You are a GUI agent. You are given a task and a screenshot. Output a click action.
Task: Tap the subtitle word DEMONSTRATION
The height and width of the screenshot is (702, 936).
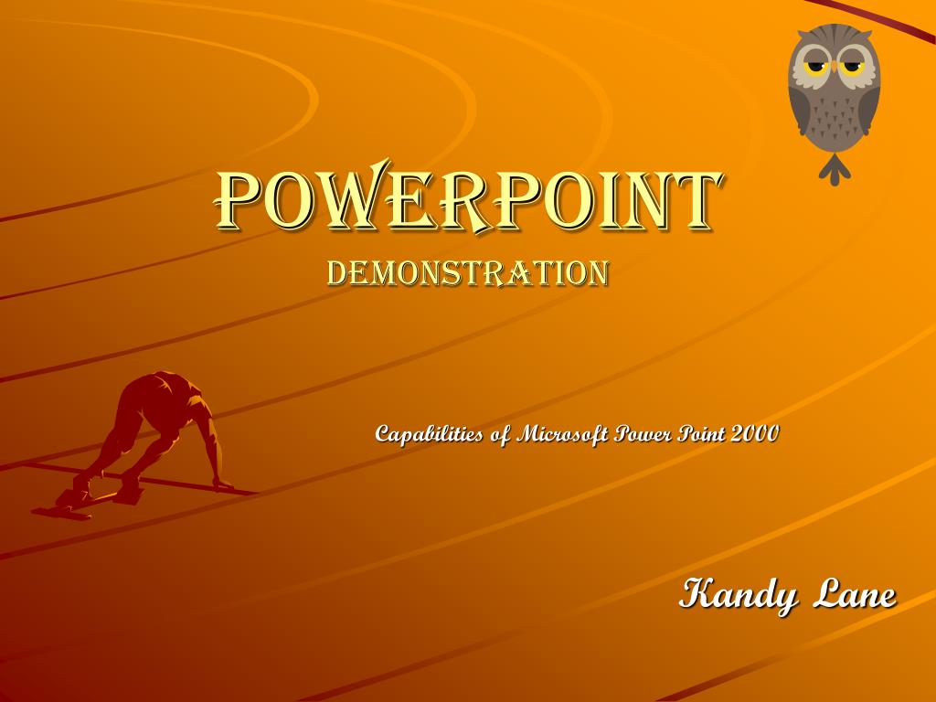pos(468,273)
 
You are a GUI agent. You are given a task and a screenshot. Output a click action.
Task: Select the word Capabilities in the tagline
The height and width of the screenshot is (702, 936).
pos(429,433)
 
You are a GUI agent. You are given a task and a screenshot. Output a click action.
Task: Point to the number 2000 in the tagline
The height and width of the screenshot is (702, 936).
pos(754,433)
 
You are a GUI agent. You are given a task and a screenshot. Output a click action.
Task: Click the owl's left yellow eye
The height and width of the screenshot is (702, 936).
pos(815,67)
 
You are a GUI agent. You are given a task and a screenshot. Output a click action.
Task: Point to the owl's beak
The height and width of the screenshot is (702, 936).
pos(834,73)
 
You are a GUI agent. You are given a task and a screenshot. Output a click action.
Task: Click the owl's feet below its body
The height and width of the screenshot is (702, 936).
pos(834,169)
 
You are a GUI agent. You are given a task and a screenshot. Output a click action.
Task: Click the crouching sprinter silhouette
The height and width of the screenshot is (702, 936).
pos(155,425)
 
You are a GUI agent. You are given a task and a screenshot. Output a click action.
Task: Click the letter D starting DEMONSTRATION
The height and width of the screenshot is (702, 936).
pos(336,273)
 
